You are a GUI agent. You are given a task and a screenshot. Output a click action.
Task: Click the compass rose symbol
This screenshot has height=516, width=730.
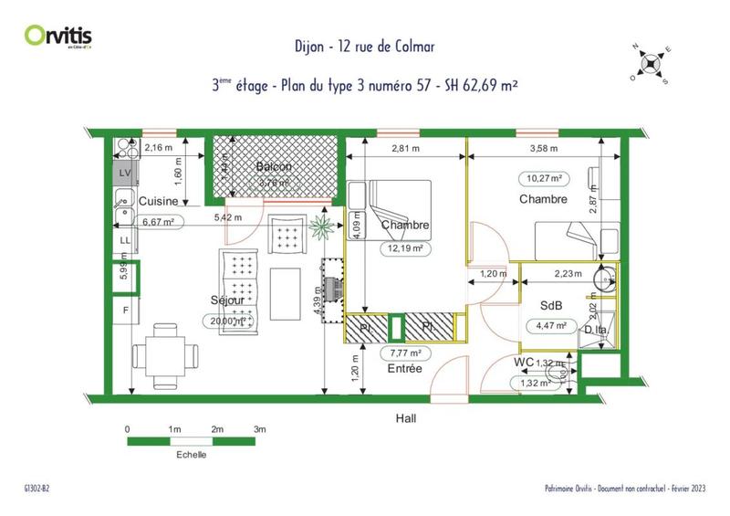point(650,63)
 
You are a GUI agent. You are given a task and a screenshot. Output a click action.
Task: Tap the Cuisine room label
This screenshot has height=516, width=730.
point(157,200)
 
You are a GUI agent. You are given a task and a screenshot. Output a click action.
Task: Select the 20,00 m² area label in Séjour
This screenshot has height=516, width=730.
point(225,320)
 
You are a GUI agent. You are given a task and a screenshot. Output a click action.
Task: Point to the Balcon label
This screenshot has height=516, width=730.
point(273,167)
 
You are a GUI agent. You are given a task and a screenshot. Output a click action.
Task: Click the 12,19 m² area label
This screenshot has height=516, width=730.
point(406,247)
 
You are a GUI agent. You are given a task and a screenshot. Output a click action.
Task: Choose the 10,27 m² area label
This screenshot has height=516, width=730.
point(542,178)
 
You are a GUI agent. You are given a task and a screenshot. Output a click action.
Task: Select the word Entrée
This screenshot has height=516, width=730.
point(404,369)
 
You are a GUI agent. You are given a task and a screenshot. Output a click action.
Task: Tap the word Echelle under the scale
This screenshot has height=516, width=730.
point(189,454)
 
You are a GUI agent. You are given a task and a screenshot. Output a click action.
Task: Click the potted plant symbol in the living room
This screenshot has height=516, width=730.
point(321,228)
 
